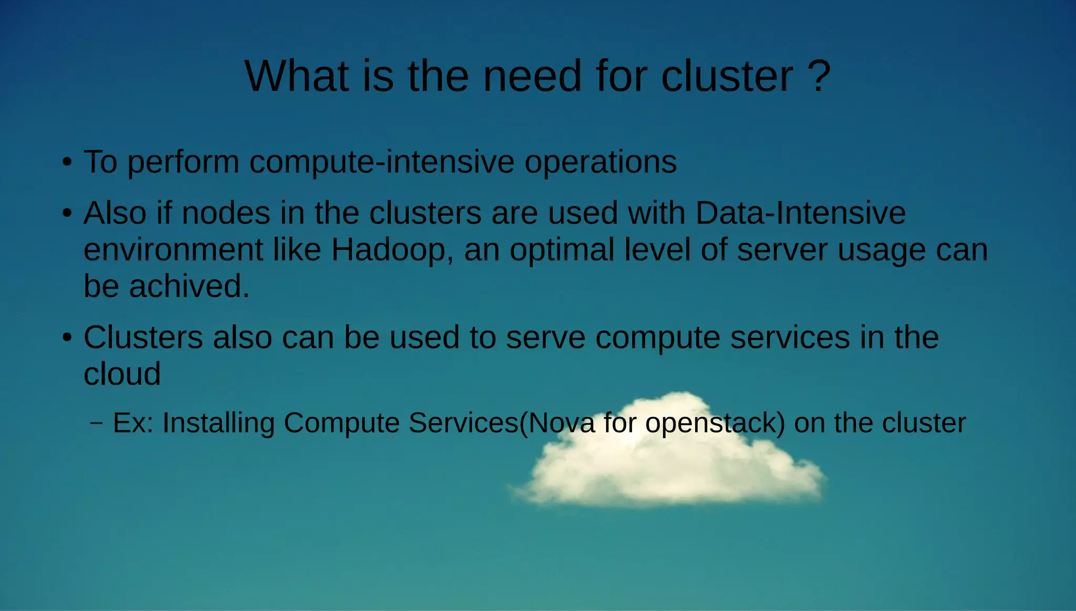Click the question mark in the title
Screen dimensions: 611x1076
tap(819, 77)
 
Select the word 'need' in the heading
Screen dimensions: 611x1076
tap(532, 77)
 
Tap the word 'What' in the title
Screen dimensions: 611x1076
tap(297, 77)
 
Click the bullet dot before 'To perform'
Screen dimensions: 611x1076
tap(67, 162)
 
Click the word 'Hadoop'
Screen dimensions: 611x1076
tap(388, 250)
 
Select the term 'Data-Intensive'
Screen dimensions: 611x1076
tap(800, 213)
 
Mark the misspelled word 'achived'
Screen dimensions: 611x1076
tap(189, 287)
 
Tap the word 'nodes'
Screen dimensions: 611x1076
tap(226, 213)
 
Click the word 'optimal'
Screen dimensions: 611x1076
tap(562, 250)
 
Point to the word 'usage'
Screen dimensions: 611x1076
tap(882, 251)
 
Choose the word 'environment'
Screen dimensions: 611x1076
tap(173, 250)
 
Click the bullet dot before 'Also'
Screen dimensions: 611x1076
tap(67, 214)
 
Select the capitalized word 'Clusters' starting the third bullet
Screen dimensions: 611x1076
tap(143, 337)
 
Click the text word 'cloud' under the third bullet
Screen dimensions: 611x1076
tap(122, 374)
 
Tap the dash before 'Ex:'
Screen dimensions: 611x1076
tap(97, 423)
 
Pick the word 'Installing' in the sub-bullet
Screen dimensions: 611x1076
tap(218, 423)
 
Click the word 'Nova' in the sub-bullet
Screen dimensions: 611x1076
tap(561, 423)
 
